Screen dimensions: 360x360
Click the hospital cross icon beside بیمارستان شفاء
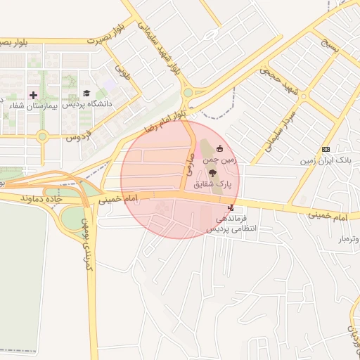(x=33, y=94)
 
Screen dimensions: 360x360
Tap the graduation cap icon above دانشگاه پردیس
(x=86, y=93)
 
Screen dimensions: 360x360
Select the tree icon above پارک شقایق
(x=212, y=172)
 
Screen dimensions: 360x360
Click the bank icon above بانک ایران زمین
(x=326, y=149)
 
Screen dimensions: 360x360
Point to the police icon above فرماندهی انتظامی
(x=231, y=207)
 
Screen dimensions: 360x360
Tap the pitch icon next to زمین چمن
(x=220, y=148)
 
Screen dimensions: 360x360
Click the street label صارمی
(x=188, y=165)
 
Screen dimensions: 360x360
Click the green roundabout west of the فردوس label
(x=42, y=136)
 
